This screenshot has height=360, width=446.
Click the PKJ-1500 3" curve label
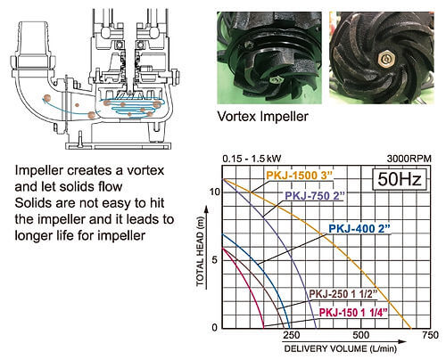pyautogui.click(x=299, y=176)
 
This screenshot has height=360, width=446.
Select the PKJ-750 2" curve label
pyautogui.click(x=315, y=196)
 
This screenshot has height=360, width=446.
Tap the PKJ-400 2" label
pyautogui.click(x=359, y=228)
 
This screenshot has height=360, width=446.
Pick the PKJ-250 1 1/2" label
pyautogui.click(x=343, y=294)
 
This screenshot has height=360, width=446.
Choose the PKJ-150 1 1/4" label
pyautogui.click(x=353, y=313)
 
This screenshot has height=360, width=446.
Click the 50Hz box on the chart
pyautogui.click(x=400, y=179)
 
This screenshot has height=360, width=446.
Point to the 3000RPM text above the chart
pyautogui.click(x=409, y=159)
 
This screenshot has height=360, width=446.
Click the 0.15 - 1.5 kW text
pyautogui.click(x=252, y=159)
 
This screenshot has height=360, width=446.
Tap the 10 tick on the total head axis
pyautogui.click(x=215, y=192)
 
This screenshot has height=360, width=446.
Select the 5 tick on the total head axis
pyautogui.click(x=215, y=260)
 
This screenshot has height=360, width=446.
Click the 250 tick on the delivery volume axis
pyautogui.click(x=291, y=335)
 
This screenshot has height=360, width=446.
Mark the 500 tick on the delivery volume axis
pyautogui.click(x=360, y=335)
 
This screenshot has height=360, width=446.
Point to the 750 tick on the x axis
pyautogui.click(x=430, y=335)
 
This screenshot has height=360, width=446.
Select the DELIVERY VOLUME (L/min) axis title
pyautogui.click(x=341, y=348)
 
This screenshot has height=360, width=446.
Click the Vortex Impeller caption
pyautogui.click(x=263, y=116)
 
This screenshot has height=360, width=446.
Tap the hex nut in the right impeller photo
pyautogui.click(x=385, y=60)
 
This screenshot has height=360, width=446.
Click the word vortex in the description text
pyautogui.click(x=145, y=170)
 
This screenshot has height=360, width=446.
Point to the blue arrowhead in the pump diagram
pyautogui.click(x=45, y=102)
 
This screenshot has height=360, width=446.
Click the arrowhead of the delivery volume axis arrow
pyautogui.click(x=402, y=341)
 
